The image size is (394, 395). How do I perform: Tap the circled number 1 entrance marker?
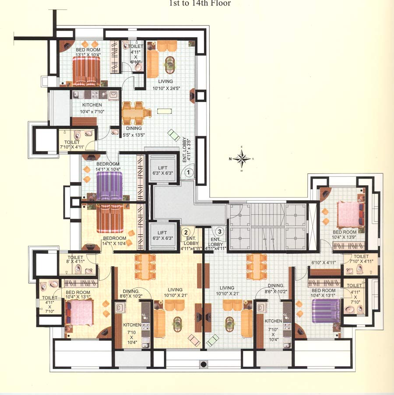coord(188,173)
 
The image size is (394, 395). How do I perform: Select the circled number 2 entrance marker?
coord(186,232)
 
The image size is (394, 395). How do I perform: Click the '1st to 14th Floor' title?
coord(200,4)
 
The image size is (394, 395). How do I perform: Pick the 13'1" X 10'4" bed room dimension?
coord(88,56)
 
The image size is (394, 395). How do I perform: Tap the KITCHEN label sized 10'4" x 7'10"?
coord(92,109)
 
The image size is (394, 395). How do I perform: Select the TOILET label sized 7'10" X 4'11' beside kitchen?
coord(72,145)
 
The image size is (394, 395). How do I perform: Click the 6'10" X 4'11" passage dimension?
coord(323,262)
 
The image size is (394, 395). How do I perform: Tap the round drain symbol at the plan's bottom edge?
coord(203,363)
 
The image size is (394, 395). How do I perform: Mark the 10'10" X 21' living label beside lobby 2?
coord(175,293)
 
